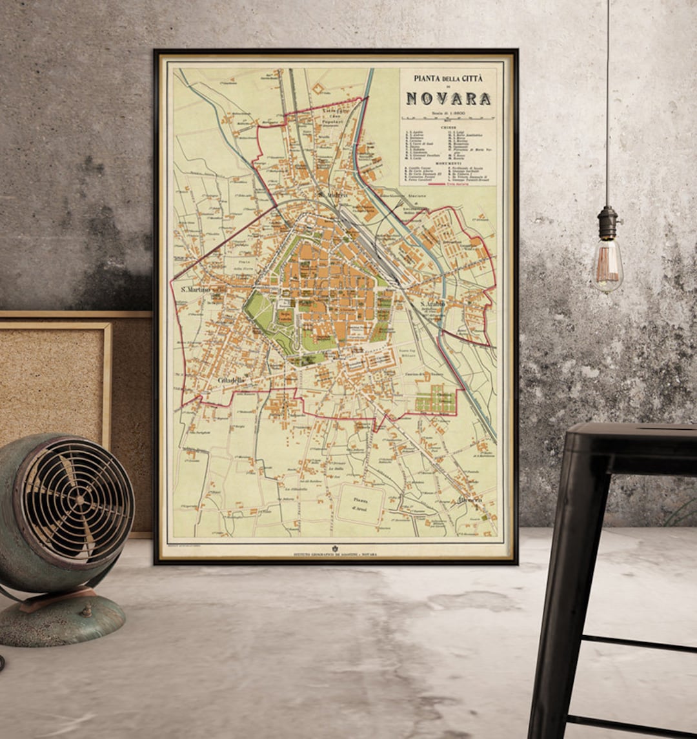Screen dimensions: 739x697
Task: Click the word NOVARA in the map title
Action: coord(448,99)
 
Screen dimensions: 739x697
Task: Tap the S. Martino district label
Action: coord(196,289)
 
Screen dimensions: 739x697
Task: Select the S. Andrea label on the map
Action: coord(333,194)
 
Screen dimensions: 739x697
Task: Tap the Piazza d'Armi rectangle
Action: coord(360,504)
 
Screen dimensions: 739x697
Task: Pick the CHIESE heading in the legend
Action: coord(448,127)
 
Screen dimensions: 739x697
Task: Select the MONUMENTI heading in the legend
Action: coord(448,162)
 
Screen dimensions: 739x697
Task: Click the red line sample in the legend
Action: coord(435,184)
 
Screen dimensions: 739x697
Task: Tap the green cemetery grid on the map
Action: coord(436,400)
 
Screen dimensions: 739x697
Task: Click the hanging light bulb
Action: coord(607,265)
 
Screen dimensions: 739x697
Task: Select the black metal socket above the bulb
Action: coord(607,223)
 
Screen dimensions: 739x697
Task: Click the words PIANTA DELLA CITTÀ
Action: coord(448,79)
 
